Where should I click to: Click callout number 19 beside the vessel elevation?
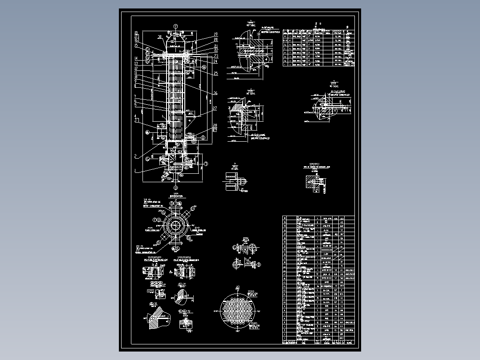[x=215, y=34]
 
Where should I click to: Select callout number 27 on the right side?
[x=215, y=108]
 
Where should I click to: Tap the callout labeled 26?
[x=215, y=93]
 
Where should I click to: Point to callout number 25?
[x=216, y=73]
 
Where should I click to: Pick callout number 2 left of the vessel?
[x=135, y=156]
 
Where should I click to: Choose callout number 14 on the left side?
[x=135, y=59]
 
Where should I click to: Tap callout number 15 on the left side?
[x=135, y=45]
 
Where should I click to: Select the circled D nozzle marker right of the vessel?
[x=203, y=138]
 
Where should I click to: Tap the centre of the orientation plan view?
[x=175, y=224]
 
